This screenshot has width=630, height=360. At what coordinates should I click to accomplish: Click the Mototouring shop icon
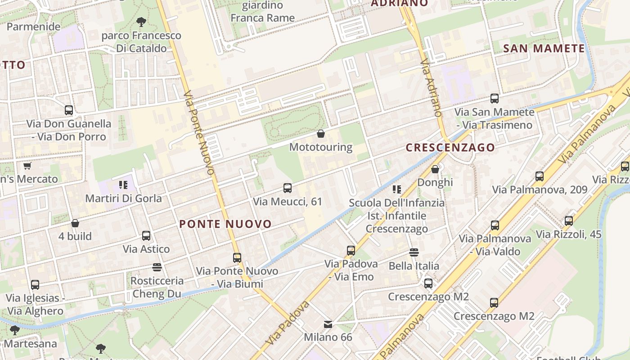(x=321, y=134)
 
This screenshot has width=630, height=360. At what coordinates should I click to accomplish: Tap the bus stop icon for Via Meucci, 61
(x=288, y=188)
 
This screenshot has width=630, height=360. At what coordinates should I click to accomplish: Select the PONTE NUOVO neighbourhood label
(x=225, y=224)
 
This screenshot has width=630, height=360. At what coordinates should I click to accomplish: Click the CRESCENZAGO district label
(x=450, y=148)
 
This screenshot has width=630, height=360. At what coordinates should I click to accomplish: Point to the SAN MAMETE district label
(x=544, y=49)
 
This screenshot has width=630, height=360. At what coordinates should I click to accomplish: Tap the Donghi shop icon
(x=435, y=169)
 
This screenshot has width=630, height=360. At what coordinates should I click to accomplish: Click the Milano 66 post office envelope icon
(x=328, y=324)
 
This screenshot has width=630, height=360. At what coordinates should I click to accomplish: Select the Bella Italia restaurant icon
(x=414, y=252)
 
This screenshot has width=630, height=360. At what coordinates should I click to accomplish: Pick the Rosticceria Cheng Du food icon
(x=157, y=267)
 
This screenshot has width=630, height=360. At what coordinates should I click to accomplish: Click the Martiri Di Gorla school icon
(x=123, y=184)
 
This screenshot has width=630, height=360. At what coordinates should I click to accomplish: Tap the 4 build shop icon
(x=75, y=223)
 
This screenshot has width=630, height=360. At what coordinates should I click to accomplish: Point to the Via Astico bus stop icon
(x=146, y=236)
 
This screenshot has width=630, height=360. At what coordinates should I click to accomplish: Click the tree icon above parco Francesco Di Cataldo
(x=141, y=22)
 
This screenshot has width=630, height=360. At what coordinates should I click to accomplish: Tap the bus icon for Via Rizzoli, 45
(x=569, y=221)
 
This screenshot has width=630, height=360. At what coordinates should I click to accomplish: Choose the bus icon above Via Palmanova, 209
(x=540, y=176)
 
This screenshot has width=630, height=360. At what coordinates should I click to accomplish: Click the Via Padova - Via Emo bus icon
(x=351, y=250)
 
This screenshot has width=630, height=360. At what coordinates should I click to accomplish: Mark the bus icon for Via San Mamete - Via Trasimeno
(x=495, y=99)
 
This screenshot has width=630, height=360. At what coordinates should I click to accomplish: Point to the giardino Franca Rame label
(x=262, y=12)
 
